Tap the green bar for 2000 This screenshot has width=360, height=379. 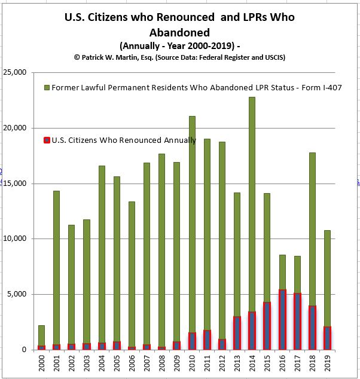(41, 335)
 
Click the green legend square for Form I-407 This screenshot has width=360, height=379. (47, 87)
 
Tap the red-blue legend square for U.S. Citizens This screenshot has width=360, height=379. (47, 140)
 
